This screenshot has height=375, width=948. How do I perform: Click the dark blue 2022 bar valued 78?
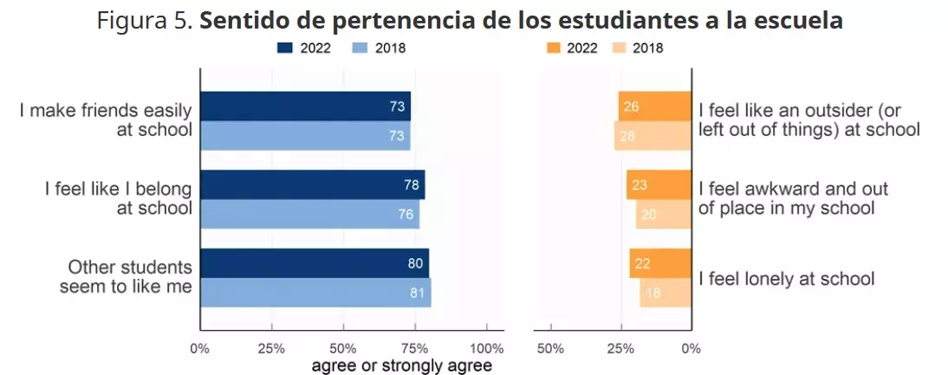coord(312,185)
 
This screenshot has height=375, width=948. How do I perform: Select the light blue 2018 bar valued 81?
coord(315,293)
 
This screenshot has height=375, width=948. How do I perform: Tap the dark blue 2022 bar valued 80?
coord(315,263)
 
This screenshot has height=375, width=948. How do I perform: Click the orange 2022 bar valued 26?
coord(654,107)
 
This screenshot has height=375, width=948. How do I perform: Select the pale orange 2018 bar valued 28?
coord(653,136)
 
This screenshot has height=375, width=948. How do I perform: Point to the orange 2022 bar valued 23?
coord(659,185)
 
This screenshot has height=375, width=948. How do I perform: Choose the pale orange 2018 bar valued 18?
coord(666,293)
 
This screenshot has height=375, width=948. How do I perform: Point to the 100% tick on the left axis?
coord(487,348)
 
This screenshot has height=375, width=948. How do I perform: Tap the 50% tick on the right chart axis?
coord(550,348)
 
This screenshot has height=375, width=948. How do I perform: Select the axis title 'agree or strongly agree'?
coord(402,365)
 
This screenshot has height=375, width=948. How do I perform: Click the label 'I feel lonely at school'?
coord(786,279)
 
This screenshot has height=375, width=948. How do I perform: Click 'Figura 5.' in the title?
coord(145,21)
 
